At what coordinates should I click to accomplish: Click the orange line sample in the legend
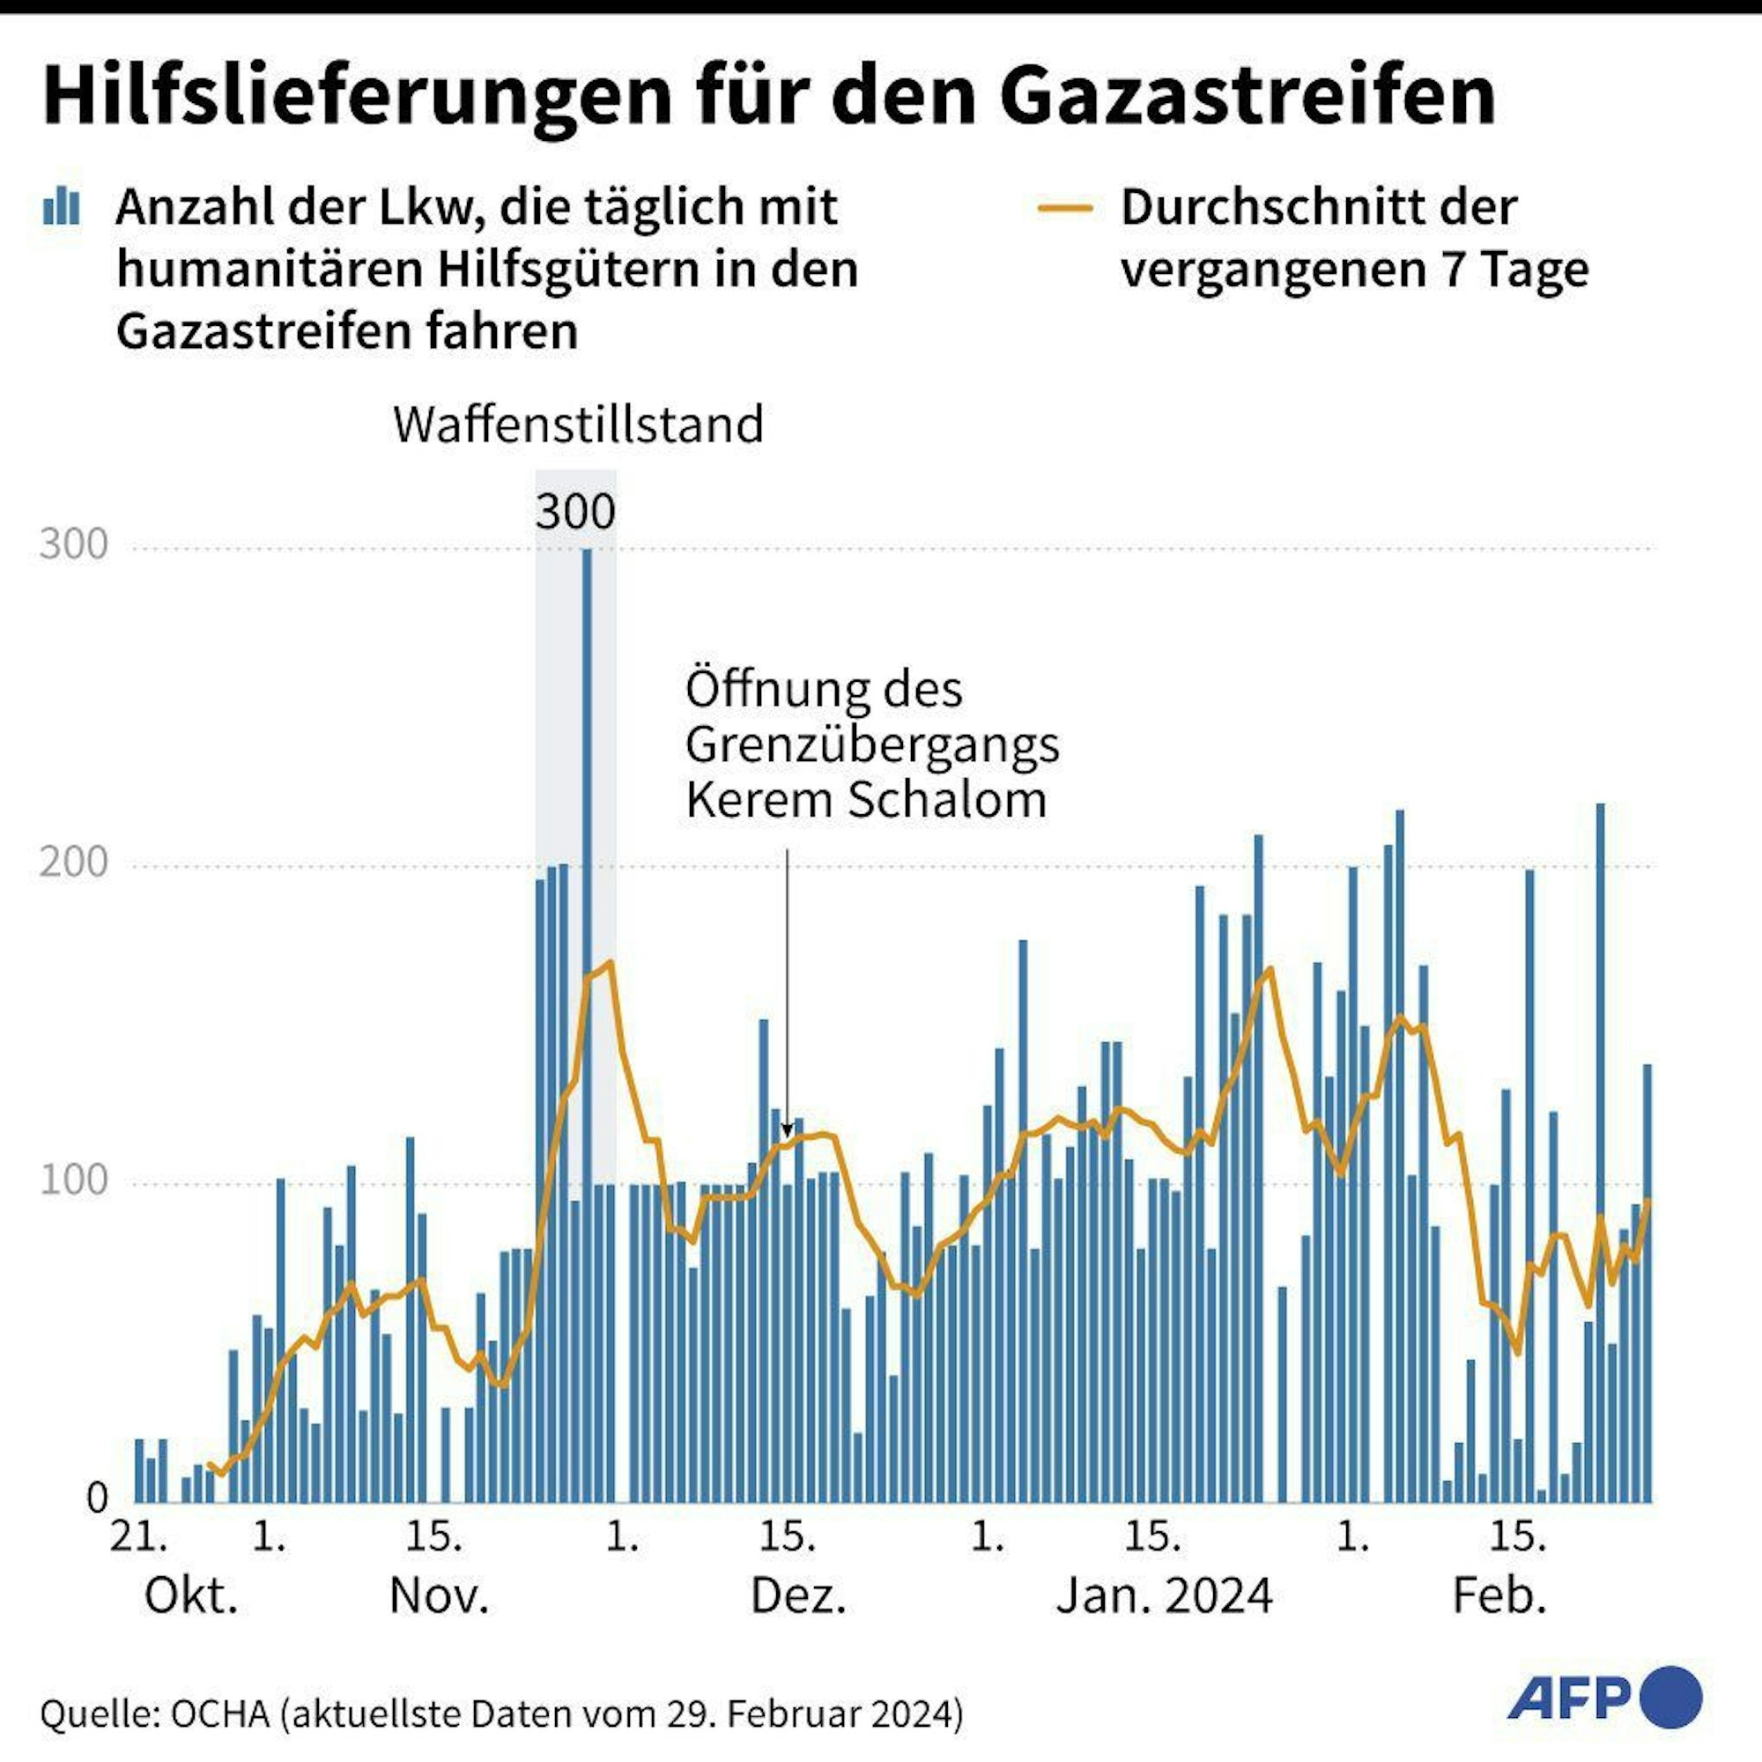1065,208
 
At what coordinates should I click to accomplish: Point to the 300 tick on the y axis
74,544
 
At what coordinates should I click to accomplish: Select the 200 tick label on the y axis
74,862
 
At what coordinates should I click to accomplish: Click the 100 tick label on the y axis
74,1181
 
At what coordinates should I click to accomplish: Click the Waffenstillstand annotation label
578,425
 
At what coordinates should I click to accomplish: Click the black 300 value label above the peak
574,512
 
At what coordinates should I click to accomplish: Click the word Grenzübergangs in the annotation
872,744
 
